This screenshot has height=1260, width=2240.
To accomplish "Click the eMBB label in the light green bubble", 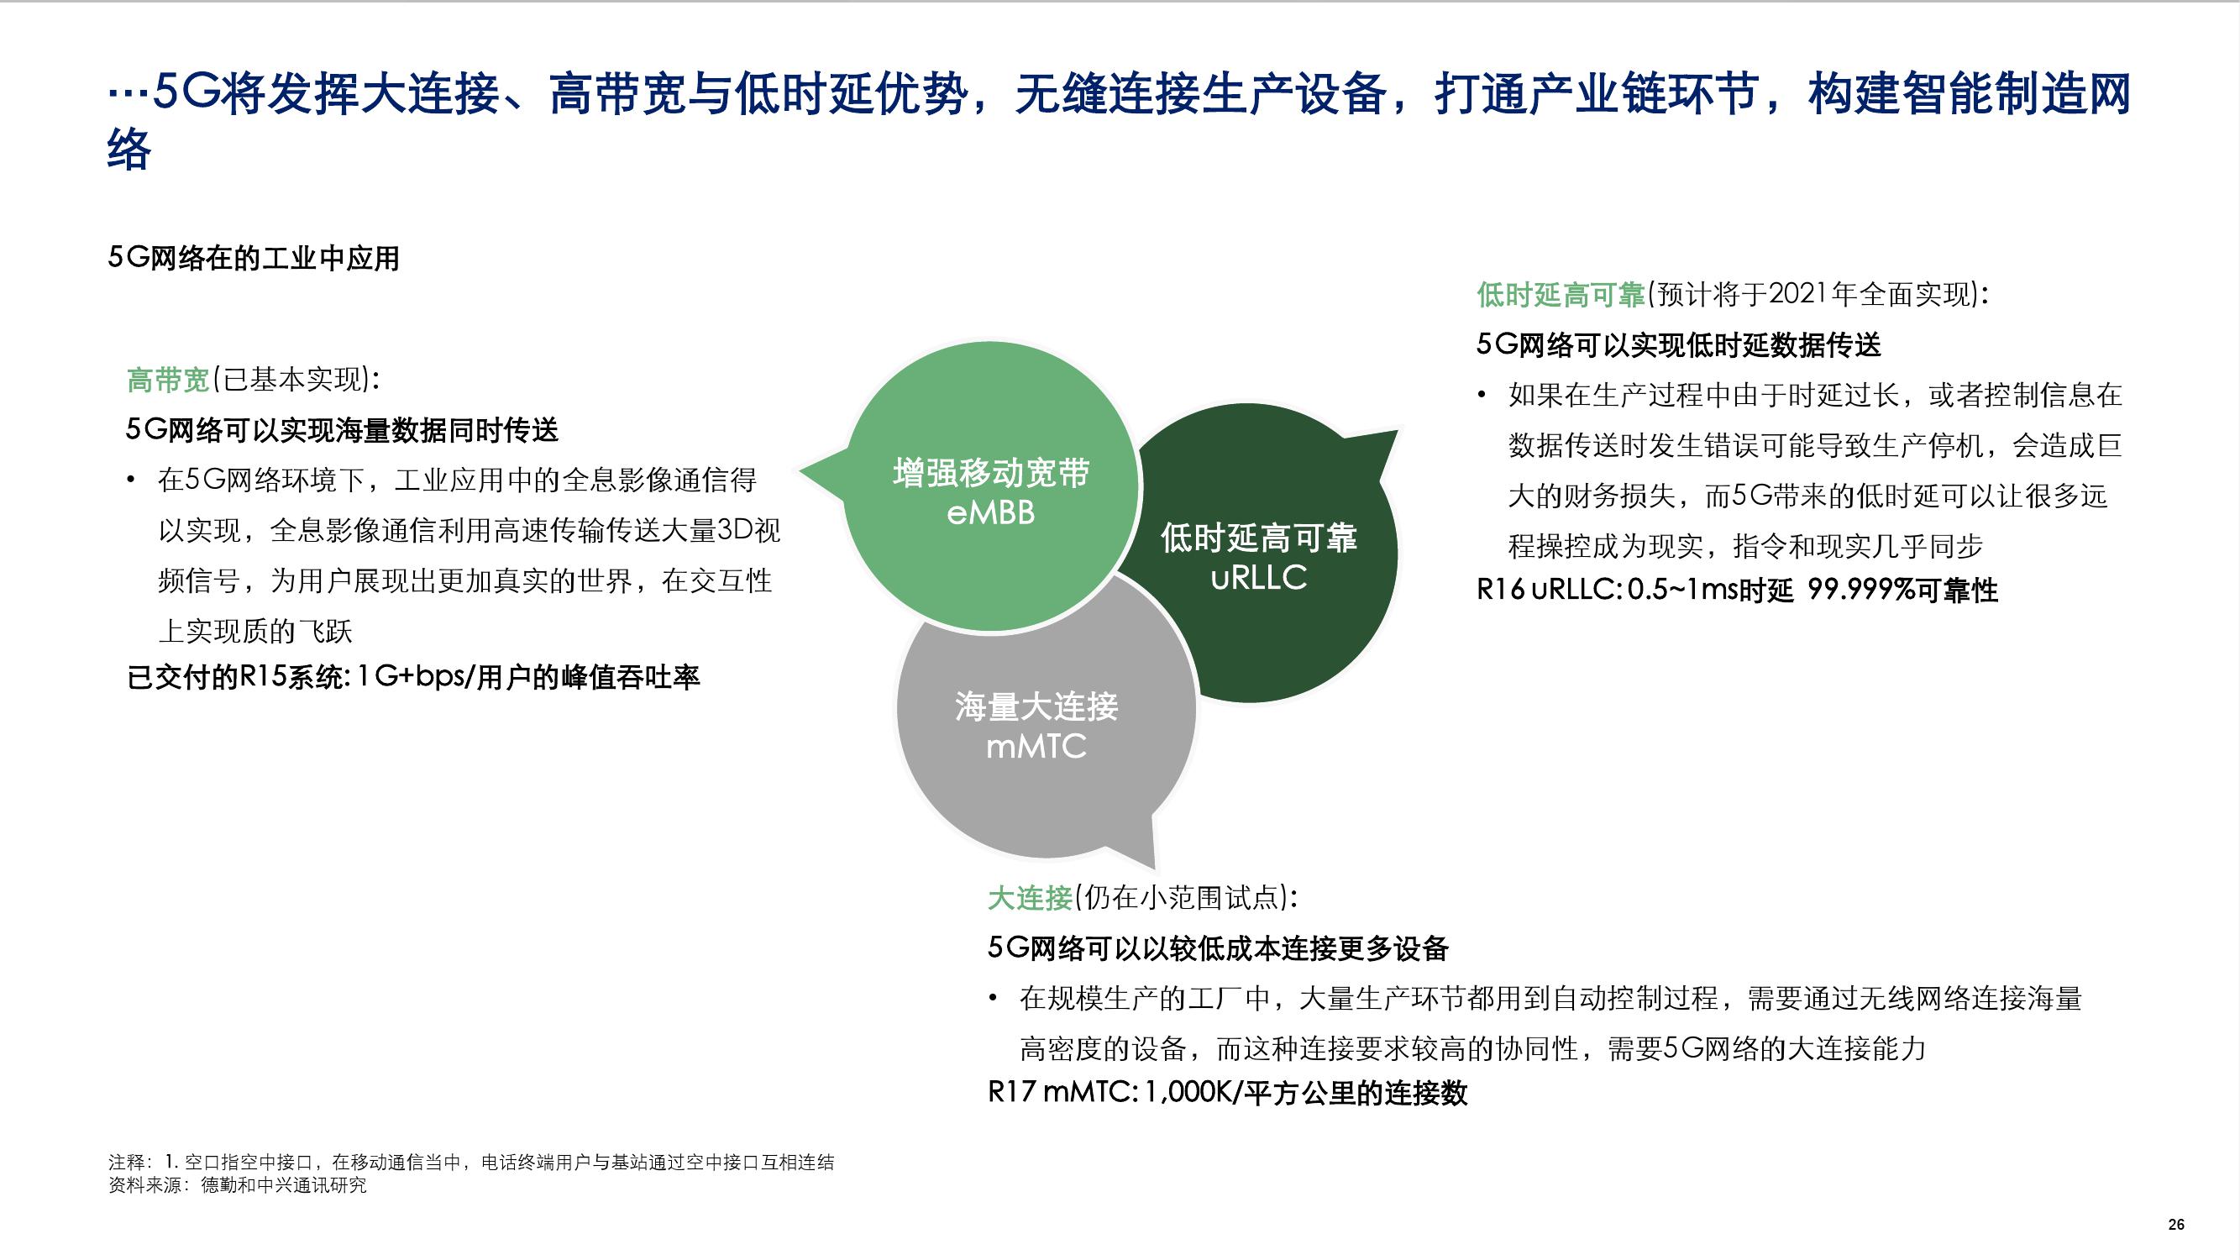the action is pos(991,513).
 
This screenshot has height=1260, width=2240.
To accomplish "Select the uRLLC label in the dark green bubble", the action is pos(1258,577).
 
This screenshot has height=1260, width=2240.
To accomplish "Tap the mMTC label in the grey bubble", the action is pos(1036,746).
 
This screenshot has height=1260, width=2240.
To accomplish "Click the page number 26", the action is pos(2175,1225).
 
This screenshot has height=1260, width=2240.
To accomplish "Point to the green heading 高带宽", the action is pos(169,380).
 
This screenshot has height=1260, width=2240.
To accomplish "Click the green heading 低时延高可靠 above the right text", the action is pos(1561,295).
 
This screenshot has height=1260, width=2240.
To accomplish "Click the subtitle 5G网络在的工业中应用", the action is pos(253,258).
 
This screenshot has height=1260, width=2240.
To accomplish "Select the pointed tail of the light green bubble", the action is pos(800,473).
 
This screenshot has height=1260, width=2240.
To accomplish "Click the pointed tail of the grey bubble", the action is pos(1155,869).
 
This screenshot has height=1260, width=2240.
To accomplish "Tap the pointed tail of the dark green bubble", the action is pos(1398,430).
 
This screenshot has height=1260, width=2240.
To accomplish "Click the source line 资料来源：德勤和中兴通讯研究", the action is pos(238,1185).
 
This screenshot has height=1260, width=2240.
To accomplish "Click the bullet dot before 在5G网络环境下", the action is pos(131,480).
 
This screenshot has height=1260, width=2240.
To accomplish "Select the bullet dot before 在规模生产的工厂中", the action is pos(993,998).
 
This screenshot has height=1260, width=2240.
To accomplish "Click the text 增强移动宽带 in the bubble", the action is pos(991,474).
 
